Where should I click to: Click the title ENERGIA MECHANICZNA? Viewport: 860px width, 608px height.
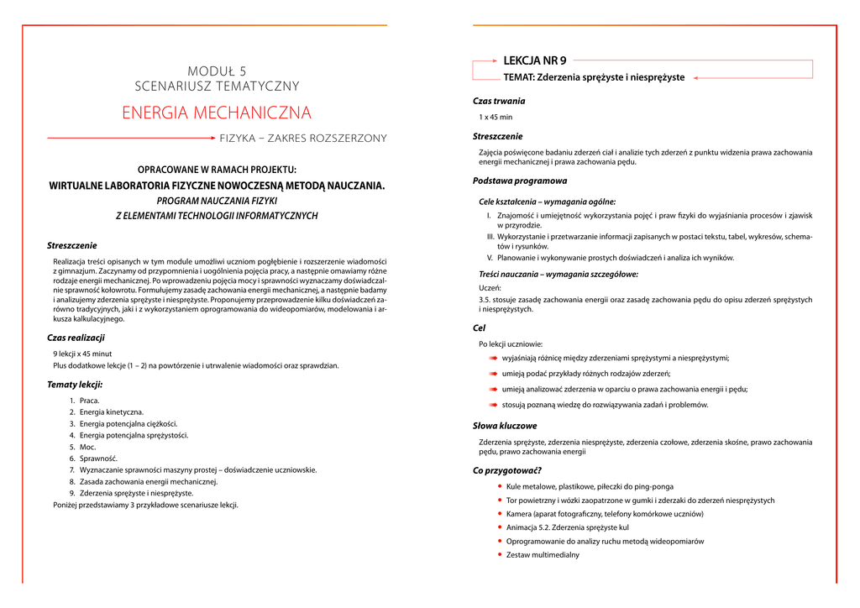(217, 113)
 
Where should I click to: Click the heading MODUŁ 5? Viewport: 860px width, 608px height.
(217, 71)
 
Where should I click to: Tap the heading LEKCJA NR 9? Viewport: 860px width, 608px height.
(534, 60)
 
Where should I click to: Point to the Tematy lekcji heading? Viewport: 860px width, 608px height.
(75, 385)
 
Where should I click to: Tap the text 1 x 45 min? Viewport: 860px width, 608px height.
(496, 118)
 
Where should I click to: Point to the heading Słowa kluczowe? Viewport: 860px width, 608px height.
(505, 427)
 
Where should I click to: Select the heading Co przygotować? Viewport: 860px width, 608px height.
(507, 471)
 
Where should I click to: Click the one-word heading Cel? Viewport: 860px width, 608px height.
(479, 328)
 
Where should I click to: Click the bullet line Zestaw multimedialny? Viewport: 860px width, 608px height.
(543, 555)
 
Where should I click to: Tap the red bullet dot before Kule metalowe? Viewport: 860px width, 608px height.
(501, 486)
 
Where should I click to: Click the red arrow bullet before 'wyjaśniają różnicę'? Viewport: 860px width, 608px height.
(494, 358)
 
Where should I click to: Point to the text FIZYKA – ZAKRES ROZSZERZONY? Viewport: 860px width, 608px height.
(303, 138)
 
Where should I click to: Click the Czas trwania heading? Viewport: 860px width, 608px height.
(499, 102)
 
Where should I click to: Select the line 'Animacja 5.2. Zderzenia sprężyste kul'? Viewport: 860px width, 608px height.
(568, 527)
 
